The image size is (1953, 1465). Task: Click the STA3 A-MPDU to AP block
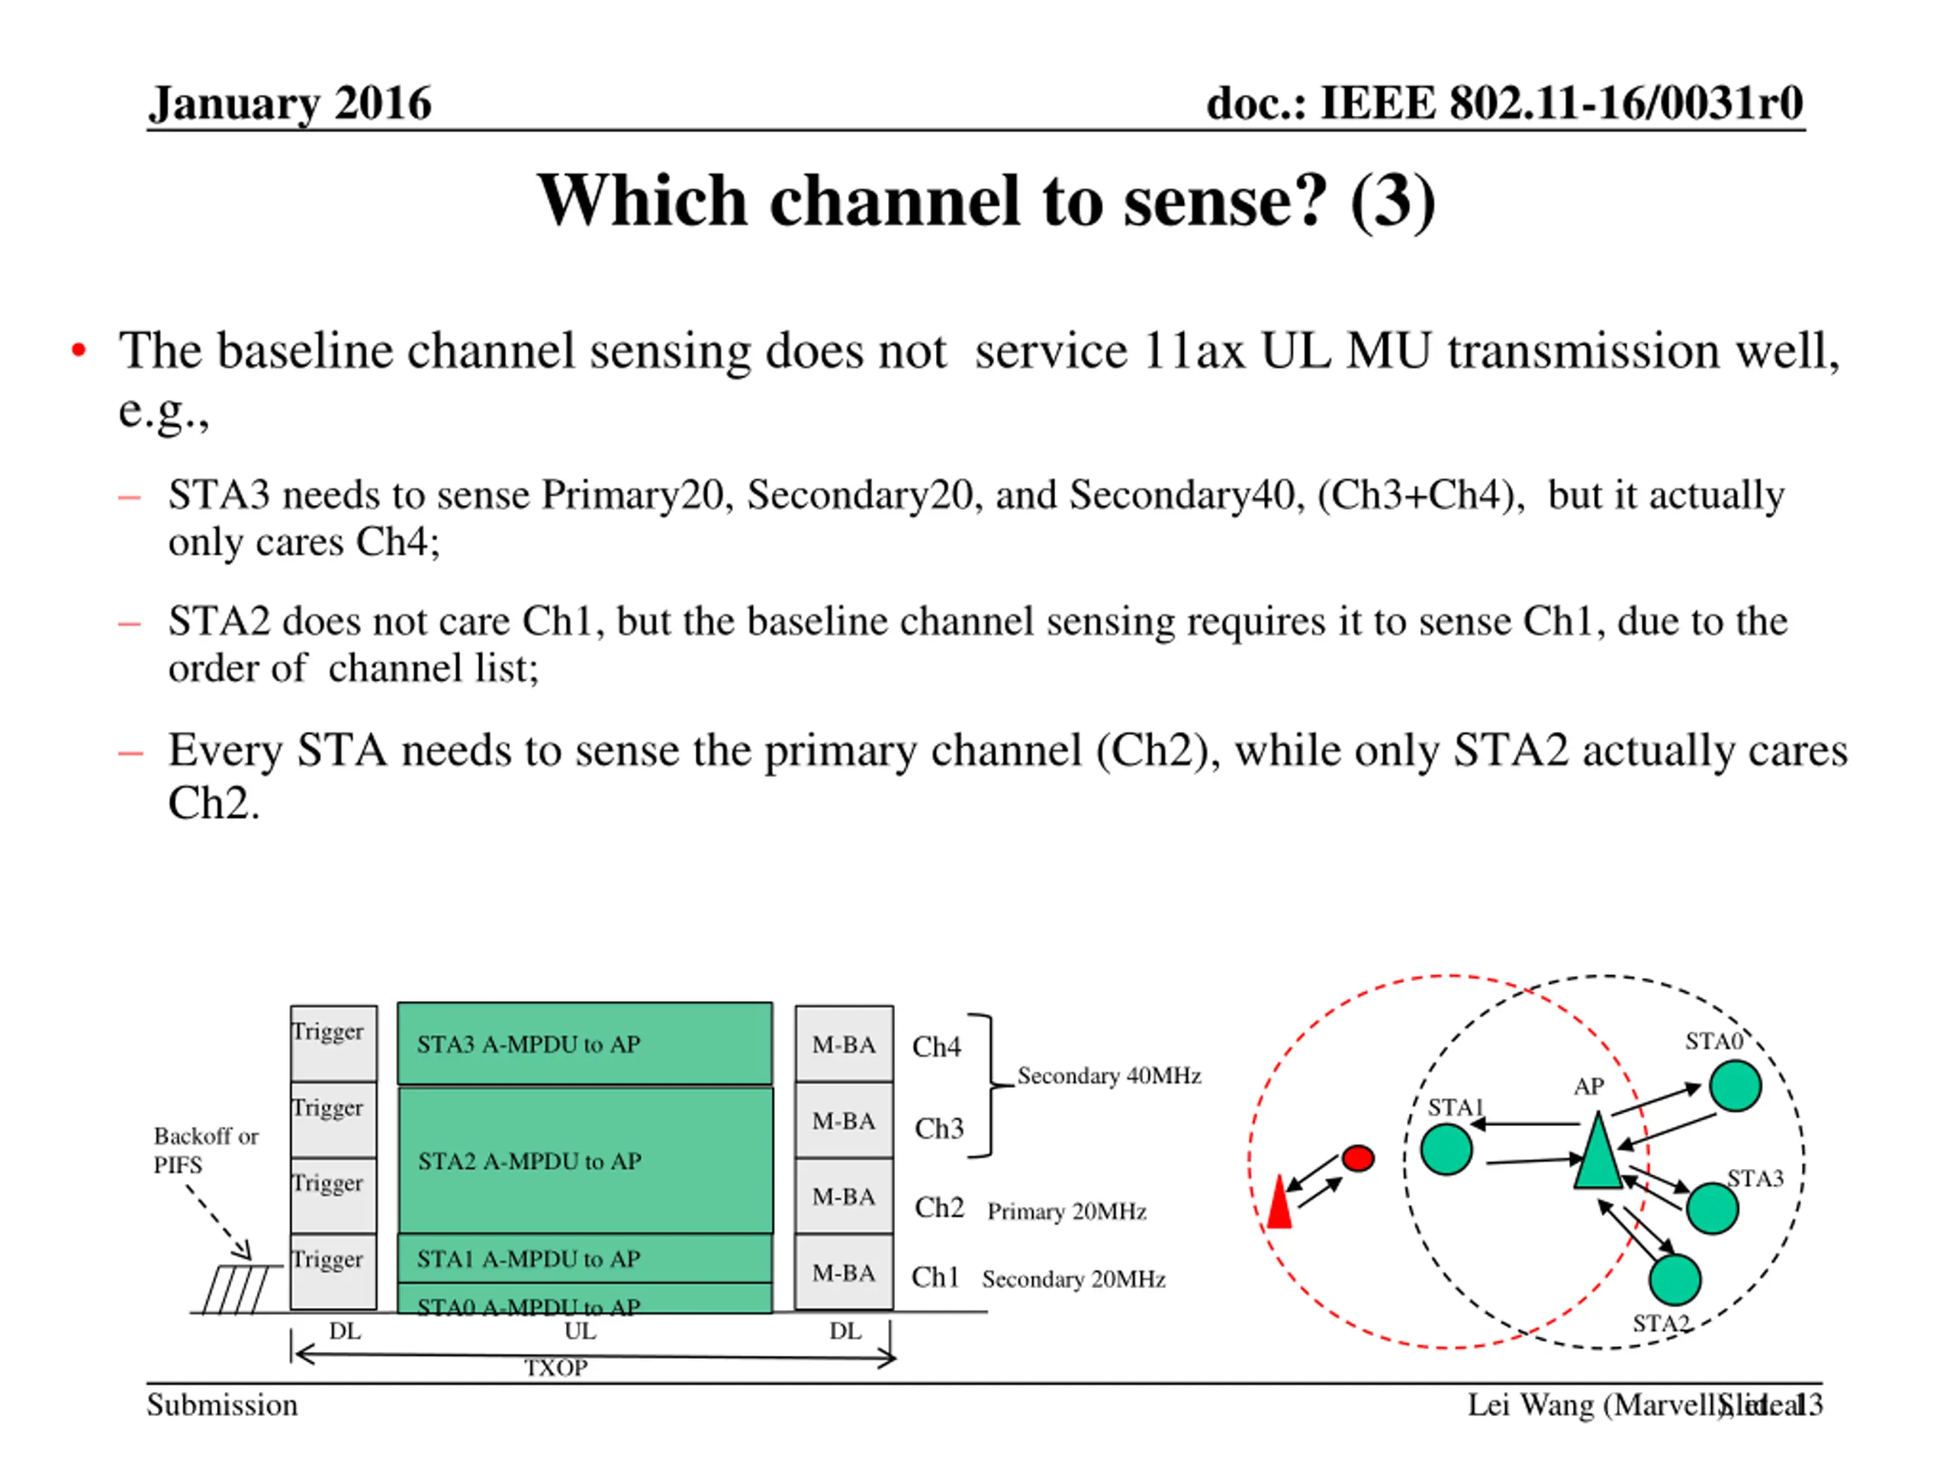tap(584, 1043)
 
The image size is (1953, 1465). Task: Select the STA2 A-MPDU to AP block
tap(584, 1161)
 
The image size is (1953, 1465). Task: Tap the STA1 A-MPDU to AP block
tap(584, 1257)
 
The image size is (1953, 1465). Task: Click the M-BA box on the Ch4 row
tap(843, 1044)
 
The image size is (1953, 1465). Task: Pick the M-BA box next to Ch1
tap(843, 1272)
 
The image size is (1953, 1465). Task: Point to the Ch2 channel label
tap(938, 1207)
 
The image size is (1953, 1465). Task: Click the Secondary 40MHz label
tap(1109, 1076)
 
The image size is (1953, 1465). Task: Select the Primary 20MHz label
tap(1067, 1211)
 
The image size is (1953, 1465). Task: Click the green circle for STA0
tap(1735, 1085)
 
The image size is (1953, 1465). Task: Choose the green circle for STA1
tap(1446, 1149)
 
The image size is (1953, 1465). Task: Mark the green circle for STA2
tap(1674, 1280)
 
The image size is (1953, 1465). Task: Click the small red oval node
tap(1358, 1158)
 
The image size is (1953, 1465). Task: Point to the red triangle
tap(1279, 1203)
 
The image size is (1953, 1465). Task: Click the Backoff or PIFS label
tap(206, 1150)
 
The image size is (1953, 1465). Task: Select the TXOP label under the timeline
tap(555, 1368)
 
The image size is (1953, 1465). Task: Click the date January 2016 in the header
tap(290, 103)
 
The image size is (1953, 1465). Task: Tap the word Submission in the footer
tap(221, 1405)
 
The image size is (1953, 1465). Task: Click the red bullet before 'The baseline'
tap(79, 350)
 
